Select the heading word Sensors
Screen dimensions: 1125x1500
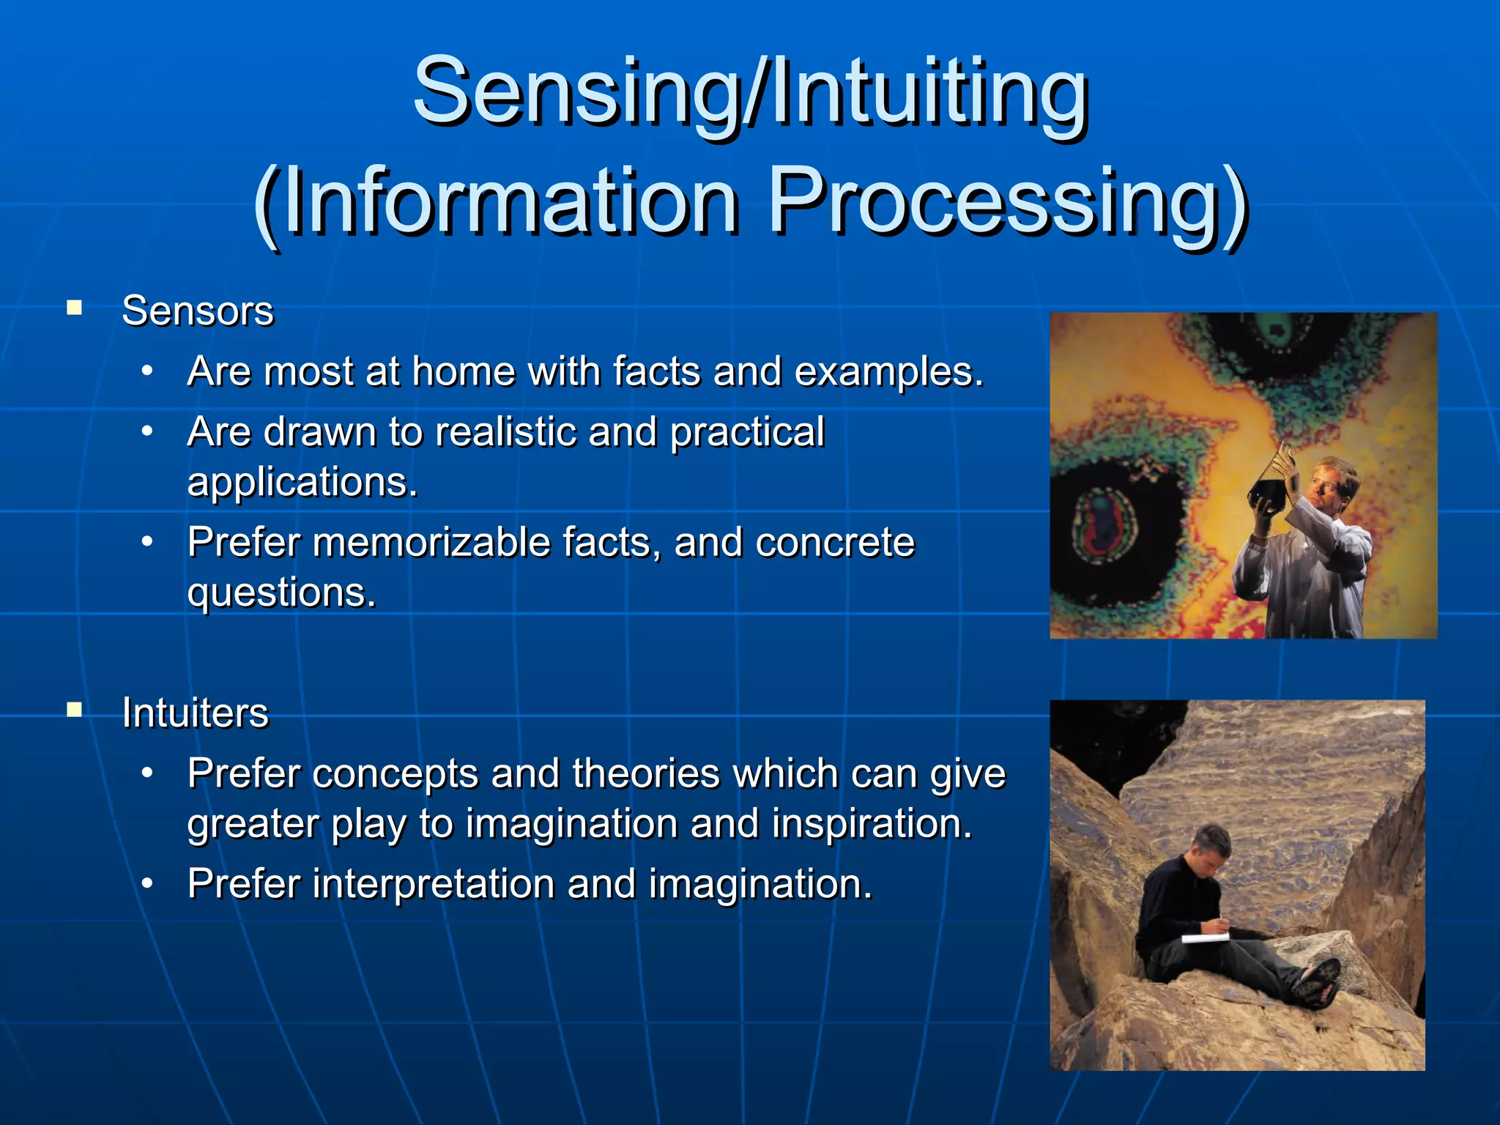[x=198, y=311]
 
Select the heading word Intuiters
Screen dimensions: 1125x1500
[x=196, y=713]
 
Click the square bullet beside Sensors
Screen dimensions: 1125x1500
[x=74, y=308]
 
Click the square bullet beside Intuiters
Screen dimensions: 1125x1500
[x=74, y=709]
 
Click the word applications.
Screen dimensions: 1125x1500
[x=302, y=482]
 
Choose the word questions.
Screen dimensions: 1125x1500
[x=281, y=593]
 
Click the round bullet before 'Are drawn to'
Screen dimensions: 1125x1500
[x=147, y=431]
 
